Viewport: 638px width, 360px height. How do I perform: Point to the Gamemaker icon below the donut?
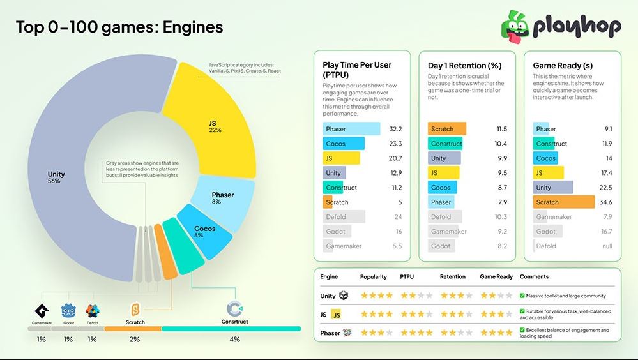point(42,311)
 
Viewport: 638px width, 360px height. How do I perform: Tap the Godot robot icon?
point(68,311)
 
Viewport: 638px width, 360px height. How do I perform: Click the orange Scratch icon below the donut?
point(135,310)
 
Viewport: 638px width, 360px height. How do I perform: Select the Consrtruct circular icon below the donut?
point(234,310)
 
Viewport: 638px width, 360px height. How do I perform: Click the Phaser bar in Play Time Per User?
point(351,129)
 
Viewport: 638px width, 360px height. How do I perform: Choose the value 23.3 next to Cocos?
point(395,144)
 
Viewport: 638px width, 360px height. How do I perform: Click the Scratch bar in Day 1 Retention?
point(447,129)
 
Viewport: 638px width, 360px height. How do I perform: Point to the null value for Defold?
point(606,246)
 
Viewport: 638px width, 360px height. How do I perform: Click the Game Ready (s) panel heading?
point(563,65)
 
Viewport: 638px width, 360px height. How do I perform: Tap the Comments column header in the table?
point(534,277)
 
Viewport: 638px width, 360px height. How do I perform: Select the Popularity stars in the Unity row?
point(377,296)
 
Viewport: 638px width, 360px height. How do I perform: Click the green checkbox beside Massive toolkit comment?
point(522,296)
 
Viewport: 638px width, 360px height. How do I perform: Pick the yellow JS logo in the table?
point(336,315)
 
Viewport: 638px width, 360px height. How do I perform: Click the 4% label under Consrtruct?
point(234,339)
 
